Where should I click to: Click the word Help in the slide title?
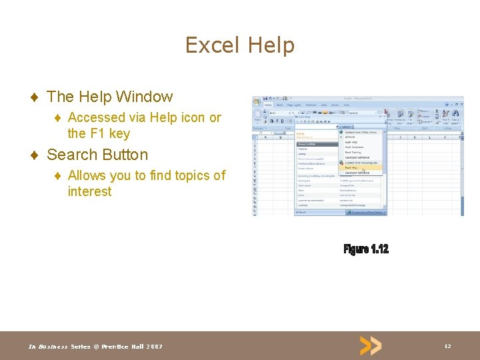click(271, 45)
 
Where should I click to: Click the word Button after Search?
click(123, 155)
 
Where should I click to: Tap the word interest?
click(89, 191)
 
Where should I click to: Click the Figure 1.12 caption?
click(366, 249)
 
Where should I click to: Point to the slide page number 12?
click(447, 346)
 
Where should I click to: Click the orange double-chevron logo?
click(371, 345)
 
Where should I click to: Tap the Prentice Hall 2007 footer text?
click(131, 346)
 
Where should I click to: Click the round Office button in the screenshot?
click(257, 102)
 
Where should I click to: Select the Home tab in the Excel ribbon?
click(268, 105)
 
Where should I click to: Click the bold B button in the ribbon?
click(271, 121)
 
